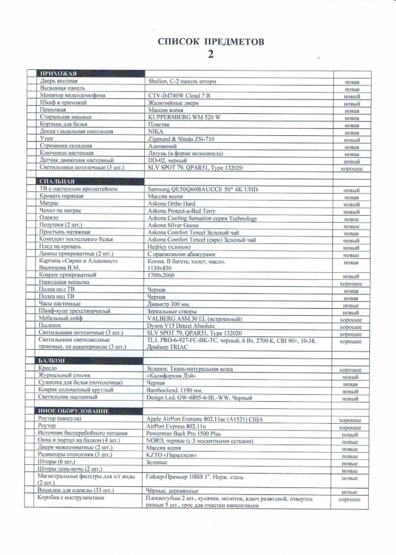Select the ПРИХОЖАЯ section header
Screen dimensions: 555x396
click(57, 74)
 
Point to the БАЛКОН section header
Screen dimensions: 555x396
click(52, 361)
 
